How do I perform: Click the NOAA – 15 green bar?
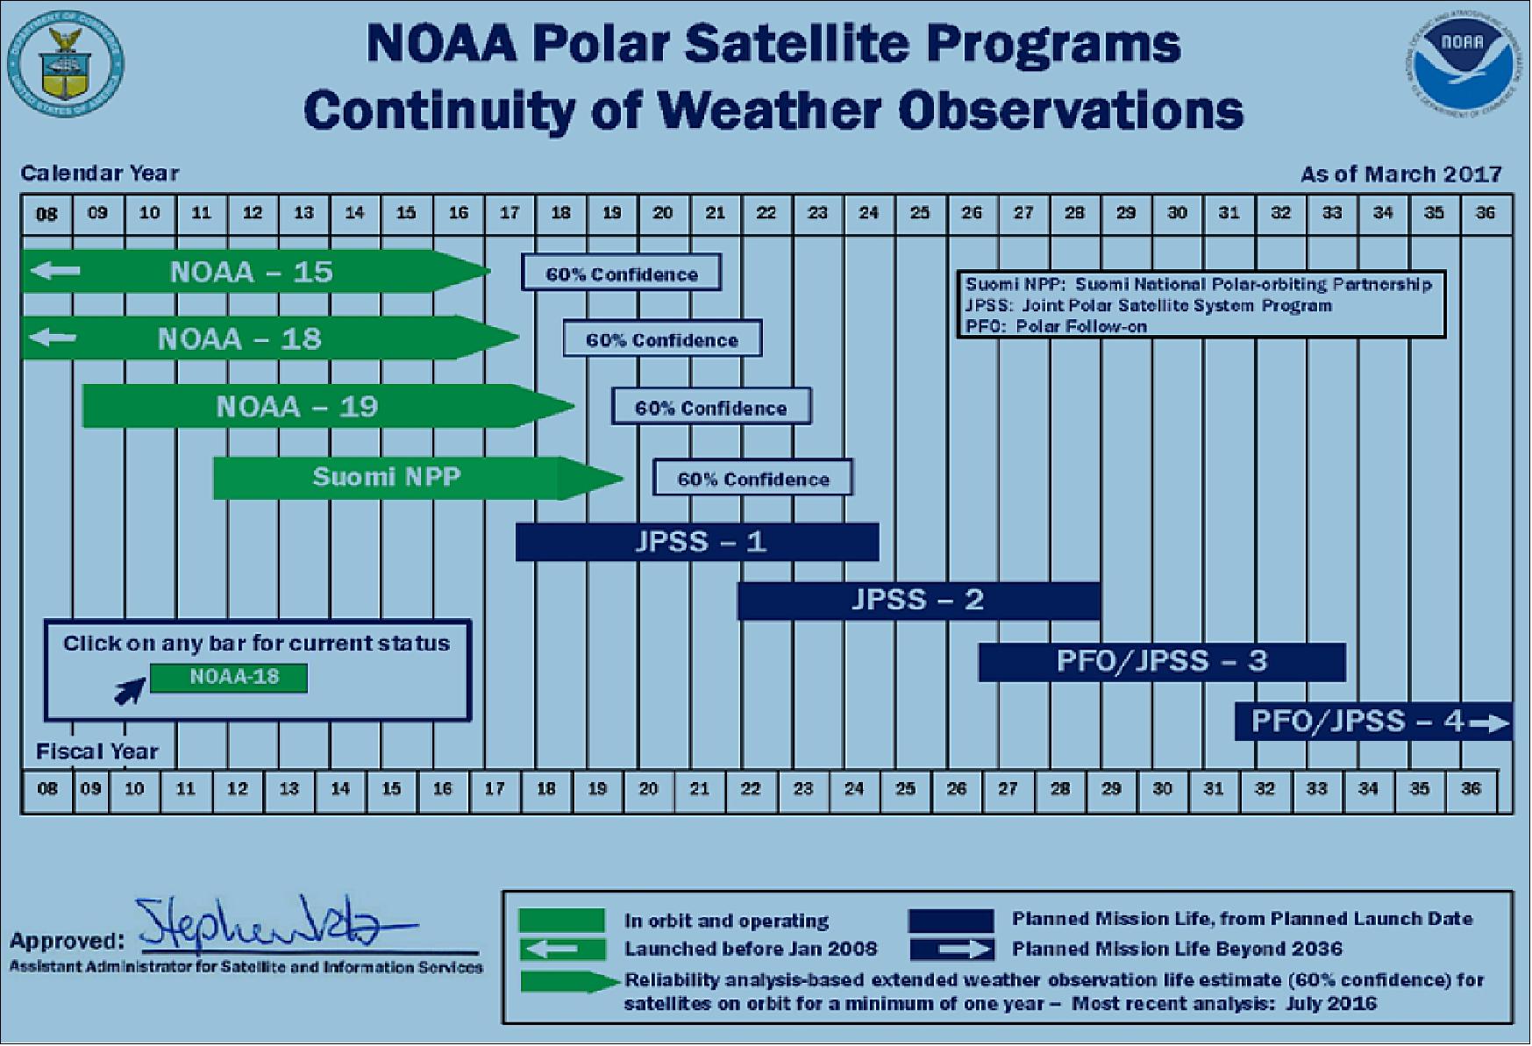pos(251,272)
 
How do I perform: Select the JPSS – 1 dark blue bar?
pos(697,542)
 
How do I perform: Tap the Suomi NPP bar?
pos(387,478)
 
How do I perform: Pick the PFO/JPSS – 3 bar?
pos(1161,662)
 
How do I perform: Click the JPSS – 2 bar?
pos(917,601)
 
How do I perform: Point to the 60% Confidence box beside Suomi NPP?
pos(752,479)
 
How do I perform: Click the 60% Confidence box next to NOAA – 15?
pos(621,274)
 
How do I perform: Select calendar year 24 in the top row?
pos(868,213)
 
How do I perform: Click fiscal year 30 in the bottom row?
pos(1162,789)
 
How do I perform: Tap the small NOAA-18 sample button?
pos(229,678)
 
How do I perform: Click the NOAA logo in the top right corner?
pos(1460,65)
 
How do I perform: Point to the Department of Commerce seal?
pos(66,65)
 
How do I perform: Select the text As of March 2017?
pos(1400,174)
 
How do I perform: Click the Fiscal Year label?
pos(96,752)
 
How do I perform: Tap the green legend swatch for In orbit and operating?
pos(561,921)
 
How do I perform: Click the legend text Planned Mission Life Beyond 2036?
pos(1176,950)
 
